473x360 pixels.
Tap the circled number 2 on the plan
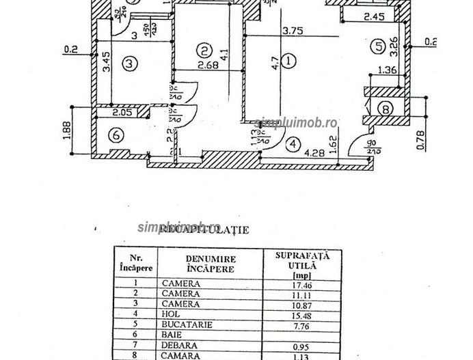tap(202, 50)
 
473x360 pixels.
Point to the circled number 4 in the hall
tap(293, 144)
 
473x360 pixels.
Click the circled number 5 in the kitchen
tap(378, 46)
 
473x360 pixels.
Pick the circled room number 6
tap(117, 136)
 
